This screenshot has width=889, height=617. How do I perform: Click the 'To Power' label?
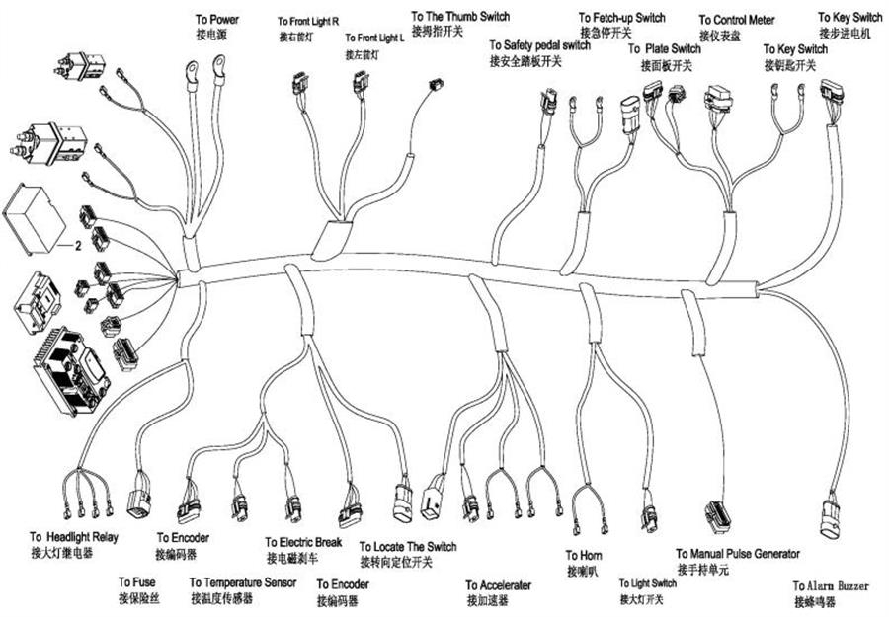pyautogui.click(x=217, y=19)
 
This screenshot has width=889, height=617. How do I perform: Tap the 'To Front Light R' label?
pyautogui.click(x=308, y=21)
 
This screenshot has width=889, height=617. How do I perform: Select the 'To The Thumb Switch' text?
pyautogui.click(x=460, y=17)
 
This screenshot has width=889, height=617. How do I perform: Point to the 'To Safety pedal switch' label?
pyautogui.click(x=539, y=45)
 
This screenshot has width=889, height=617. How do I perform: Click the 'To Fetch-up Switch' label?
pyautogui.click(x=621, y=18)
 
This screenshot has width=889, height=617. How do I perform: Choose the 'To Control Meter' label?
pyautogui.click(x=737, y=20)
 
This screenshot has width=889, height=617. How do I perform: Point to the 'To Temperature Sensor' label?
pyautogui.click(x=243, y=582)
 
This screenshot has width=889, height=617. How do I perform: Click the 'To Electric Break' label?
pyautogui.click(x=303, y=543)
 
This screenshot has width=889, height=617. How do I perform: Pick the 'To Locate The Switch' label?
pyautogui.click(x=408, y=546)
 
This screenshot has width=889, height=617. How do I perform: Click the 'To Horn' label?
pyautogui.click(x=584, y=556)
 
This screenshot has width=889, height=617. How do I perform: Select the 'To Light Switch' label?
pyautogui.click(x=648, y=583)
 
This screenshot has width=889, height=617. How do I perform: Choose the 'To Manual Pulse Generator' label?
pyautogui.click(x=738, y=554)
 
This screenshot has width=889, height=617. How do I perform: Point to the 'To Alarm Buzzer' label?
pyautogui.click(x=832, y=585)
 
